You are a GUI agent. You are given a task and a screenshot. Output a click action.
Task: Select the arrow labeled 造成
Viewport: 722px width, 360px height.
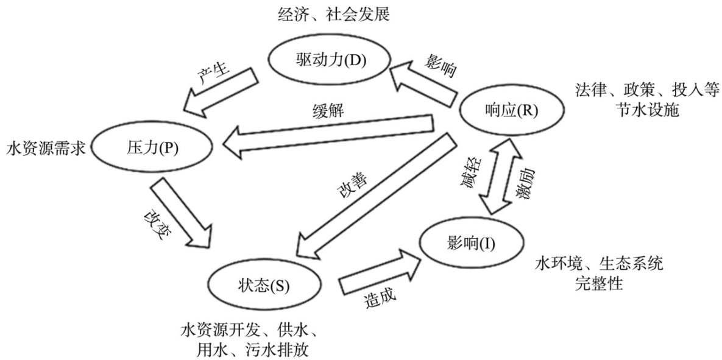tap(378, 272)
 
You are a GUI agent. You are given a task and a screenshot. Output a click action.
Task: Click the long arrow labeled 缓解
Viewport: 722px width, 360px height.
tap(332, 135)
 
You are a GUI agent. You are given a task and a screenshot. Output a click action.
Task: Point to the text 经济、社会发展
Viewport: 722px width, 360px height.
tap(330, 13)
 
